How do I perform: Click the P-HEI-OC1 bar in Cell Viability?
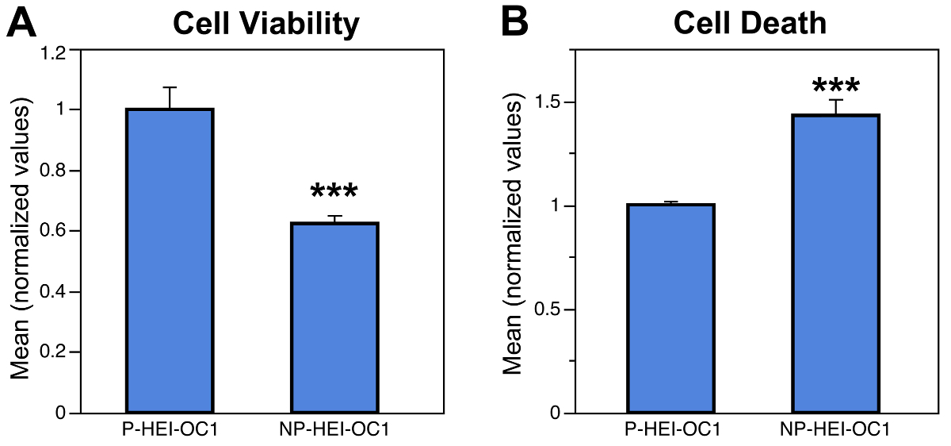click(x=169, y=262)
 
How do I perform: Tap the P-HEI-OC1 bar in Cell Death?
click(x=670, y=310)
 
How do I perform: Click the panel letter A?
click(x=22, y=24)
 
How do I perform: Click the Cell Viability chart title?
click(x=266, y=25)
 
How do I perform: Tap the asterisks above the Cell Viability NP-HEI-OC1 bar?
click(x=334, y=192)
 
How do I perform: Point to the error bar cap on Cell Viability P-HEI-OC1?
click(x=169, y=87)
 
